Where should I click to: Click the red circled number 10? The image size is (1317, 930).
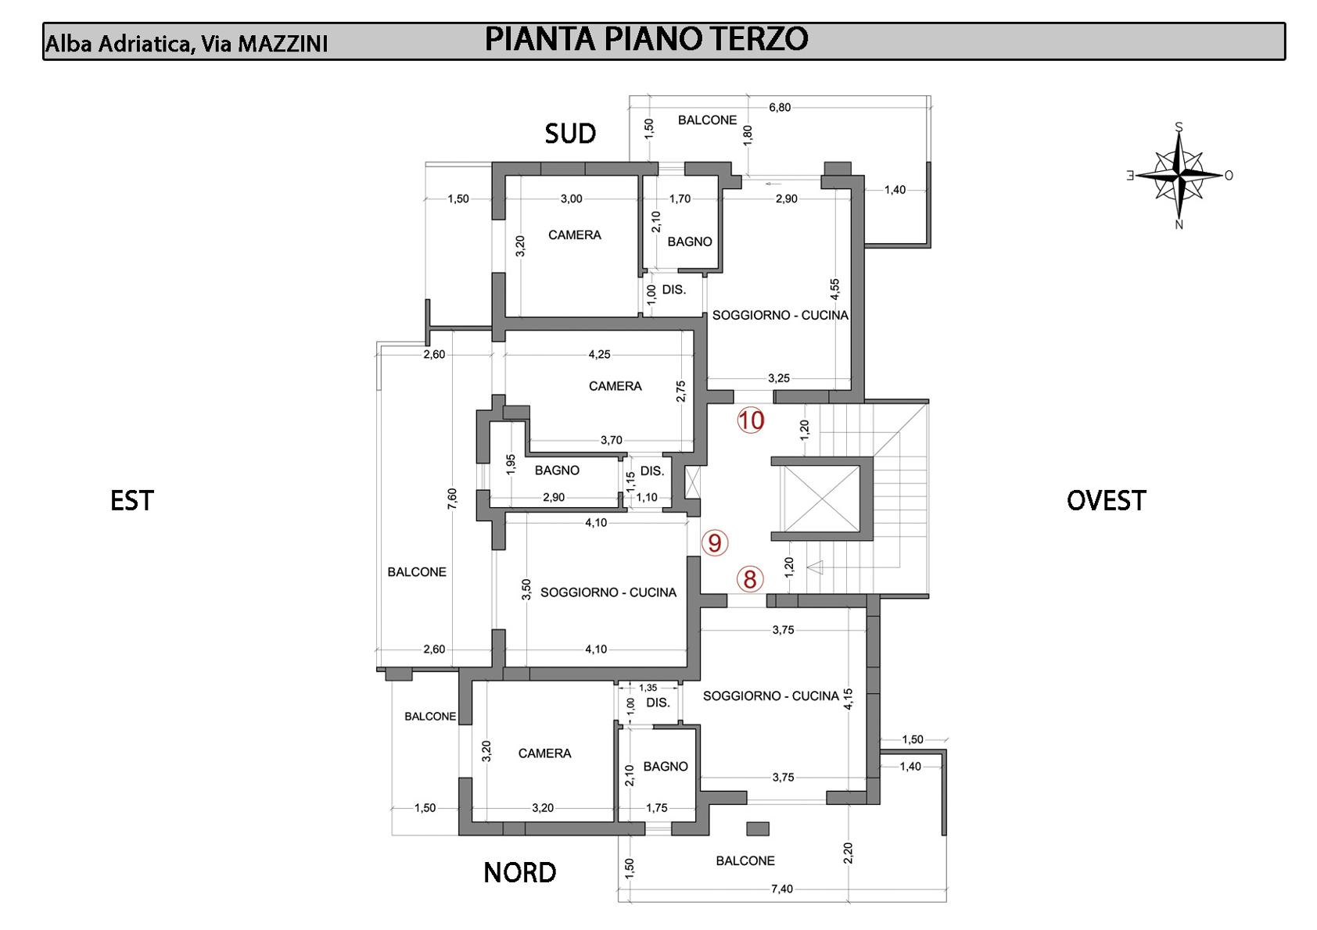click(751, 420)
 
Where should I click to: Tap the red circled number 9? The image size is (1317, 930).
click(714, 543)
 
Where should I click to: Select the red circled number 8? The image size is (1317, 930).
click(750, 579)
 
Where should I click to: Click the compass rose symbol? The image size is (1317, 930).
click(1179, 175)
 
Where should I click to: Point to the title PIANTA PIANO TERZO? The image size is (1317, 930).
click(646, 39)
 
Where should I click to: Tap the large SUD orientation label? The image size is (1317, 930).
click(569, 134)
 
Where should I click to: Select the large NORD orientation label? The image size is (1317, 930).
click(520, 872)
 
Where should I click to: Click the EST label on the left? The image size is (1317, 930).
click(131, 500)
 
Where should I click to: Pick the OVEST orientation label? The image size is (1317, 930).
click(1106, 500)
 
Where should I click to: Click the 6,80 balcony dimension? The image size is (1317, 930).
click(780, 108)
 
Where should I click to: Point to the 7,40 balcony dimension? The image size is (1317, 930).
click(782, 889)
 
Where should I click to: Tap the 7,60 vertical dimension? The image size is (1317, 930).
click(451, 499)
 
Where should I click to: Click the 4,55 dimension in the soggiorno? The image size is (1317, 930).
click(835, 289)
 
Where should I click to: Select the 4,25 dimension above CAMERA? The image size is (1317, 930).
click(599, 354)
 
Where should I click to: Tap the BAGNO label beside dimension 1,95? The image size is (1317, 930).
click(557, 470)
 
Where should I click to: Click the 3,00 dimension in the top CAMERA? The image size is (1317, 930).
click(571, 199)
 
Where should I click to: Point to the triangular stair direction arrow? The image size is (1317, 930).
click(814, 567)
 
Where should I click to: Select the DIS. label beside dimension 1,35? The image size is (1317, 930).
click(658, 703)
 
